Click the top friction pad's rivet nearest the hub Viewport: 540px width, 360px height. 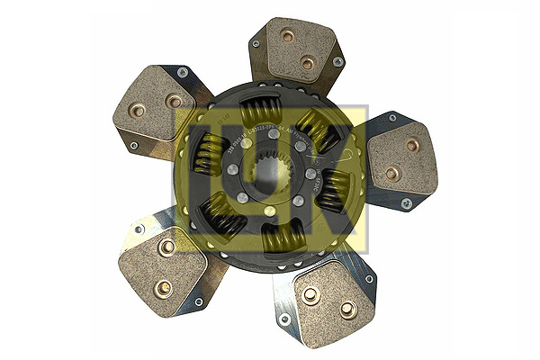coord(307,63)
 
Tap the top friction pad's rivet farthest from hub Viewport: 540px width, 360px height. coord(288,37)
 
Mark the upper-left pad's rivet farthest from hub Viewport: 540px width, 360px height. coord(138,111)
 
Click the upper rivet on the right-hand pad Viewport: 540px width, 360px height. coord(412,145)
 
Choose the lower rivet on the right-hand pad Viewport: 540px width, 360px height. coord(392,173)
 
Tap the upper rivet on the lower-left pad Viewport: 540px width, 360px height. coord(165,247)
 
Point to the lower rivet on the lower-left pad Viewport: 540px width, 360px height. coord(162,288)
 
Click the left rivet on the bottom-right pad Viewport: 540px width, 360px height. coord(310,295)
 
